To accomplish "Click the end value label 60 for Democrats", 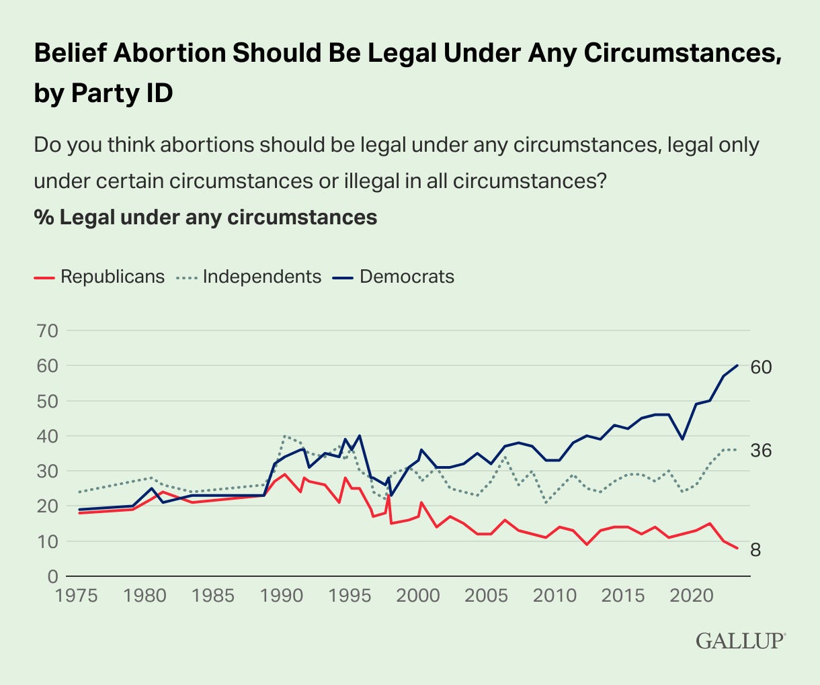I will (761, 367).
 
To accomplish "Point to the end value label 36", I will (761, 451).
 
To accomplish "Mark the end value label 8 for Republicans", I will (755, 550).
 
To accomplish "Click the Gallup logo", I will (740, 640).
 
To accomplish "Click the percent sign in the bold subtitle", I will (43, 218).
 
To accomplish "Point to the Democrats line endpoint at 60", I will (737, 365).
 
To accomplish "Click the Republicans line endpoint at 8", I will (737, 549).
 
